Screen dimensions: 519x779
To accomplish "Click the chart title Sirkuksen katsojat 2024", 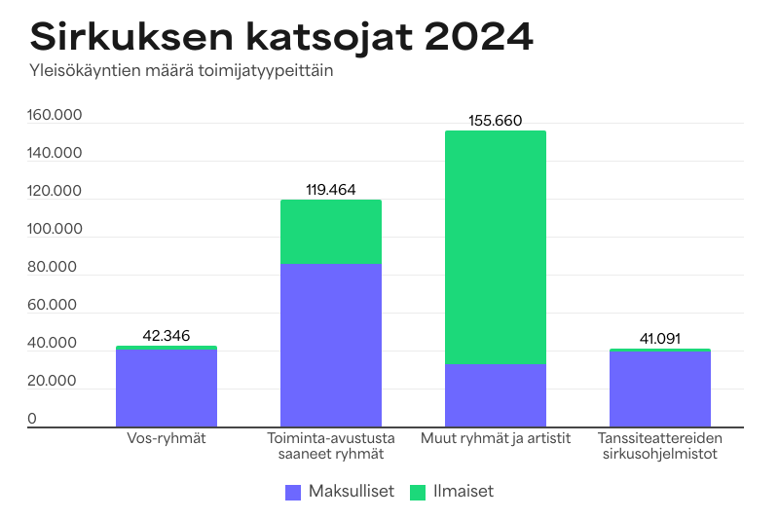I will pyautogui.click(x=281, y=37).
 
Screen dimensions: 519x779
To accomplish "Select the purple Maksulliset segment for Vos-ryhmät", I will pyautogui.click(x=167, y=389).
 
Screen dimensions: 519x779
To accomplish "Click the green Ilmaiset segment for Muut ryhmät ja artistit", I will pyautogui.click(x=496, y=247).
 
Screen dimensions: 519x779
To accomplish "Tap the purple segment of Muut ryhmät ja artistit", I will pyautogui.click(x=496, y=395).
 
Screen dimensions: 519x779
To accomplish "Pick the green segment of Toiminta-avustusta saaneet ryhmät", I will pyautogui.click(x=331, y=232).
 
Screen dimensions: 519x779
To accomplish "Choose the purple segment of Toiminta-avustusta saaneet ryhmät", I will pyautogui.click(x=331, y=346).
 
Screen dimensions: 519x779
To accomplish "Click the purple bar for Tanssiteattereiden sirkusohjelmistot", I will pyautogui.click(x=660, y=389).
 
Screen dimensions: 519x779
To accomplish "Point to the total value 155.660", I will pyautogui.click(x=496, y=122).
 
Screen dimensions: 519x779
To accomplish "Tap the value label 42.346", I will pyautogui.click(x=167, y=336).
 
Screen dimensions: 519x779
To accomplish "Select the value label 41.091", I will pyautogui.click(x=660, y=339).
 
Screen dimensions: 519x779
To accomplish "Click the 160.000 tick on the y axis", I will pyautogui.click(x=55, y=116).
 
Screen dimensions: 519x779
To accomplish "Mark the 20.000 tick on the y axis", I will pyautogui.click(x=55, y=381).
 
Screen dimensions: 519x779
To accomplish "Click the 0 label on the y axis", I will pyautogui.click(x=32, y=419).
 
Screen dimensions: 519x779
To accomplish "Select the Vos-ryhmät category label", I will pyautogui.click(x=167, y=438).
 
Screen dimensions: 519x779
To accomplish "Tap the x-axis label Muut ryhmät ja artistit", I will pyautogui.click(x=496, y=438).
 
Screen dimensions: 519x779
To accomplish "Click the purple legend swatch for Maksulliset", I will pyautogui.click(x=293, y=492).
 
